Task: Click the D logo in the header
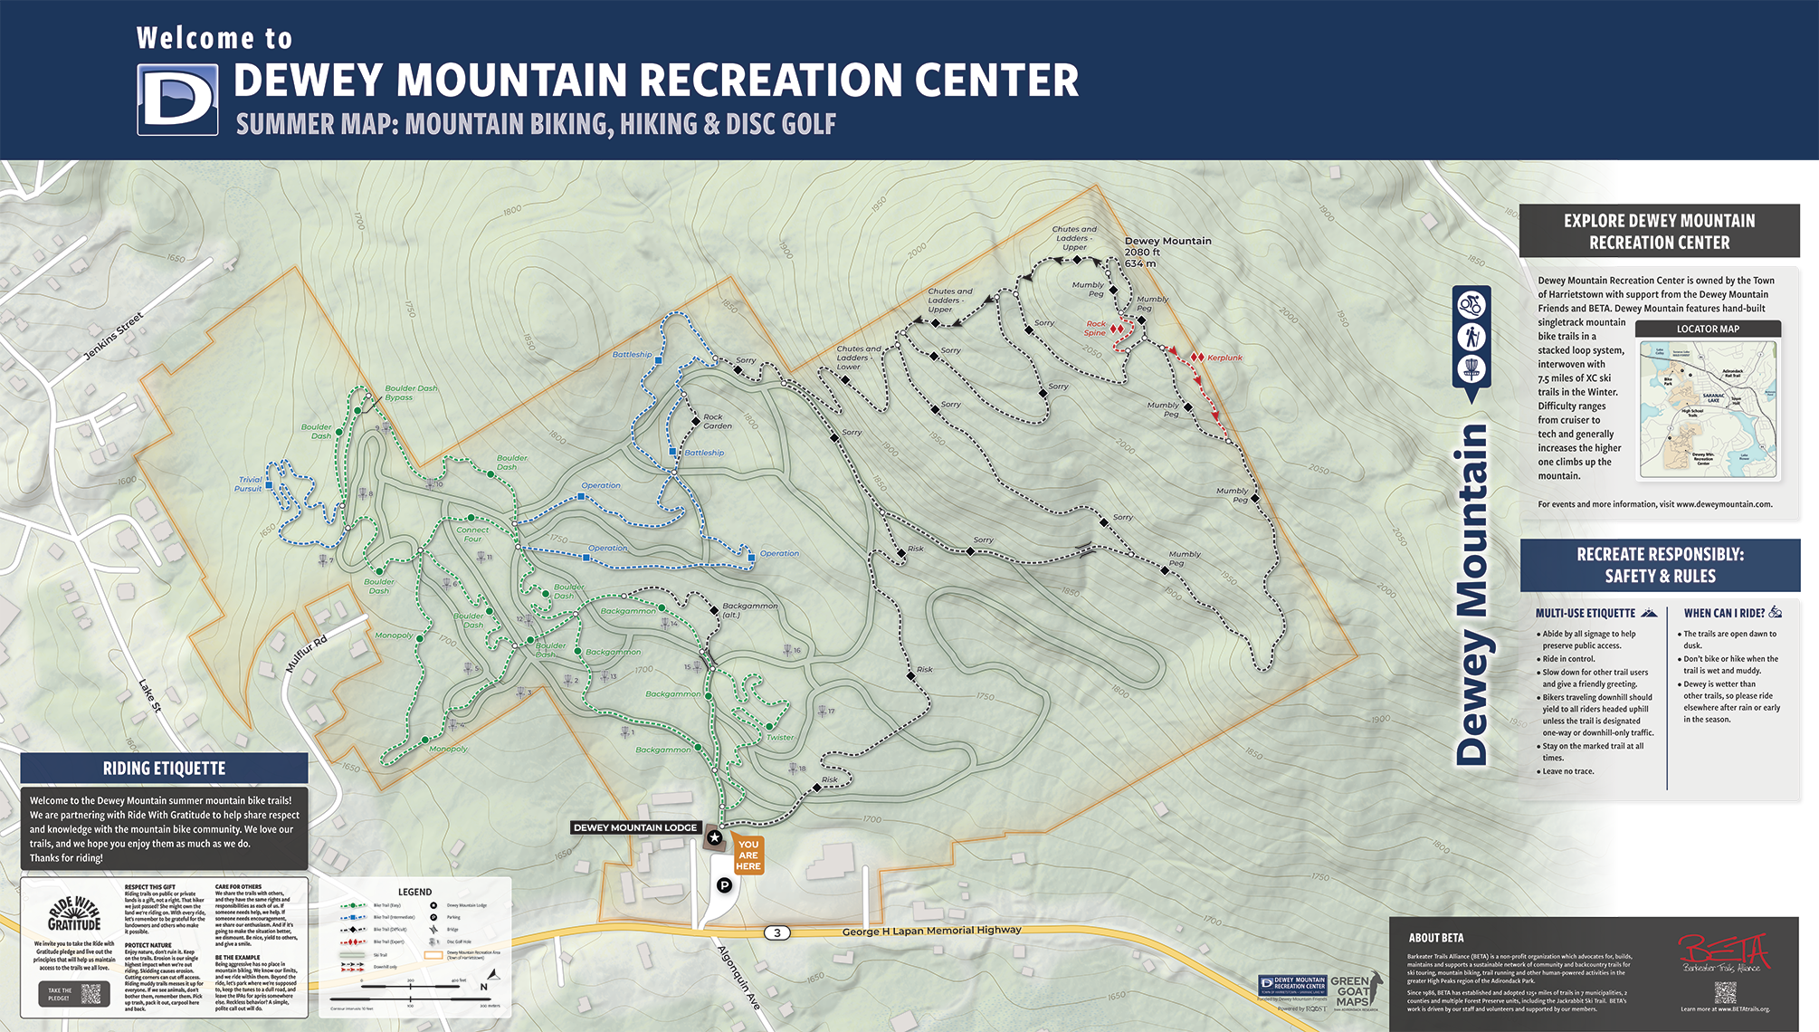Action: point(177,100)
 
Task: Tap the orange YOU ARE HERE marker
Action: point(748,855)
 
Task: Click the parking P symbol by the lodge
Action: point(724,885)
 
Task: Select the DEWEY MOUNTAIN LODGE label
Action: point(635,827)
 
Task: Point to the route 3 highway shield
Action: point(776,932)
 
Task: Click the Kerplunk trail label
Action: point(1224,358)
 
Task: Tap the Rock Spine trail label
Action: point(1095,328)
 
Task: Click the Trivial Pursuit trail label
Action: point(249,484)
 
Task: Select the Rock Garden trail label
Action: point(718,421)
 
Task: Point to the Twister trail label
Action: point(779,737)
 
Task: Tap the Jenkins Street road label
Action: point(113,337)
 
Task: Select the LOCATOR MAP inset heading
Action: point(1708,329)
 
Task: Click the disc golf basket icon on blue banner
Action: point(1471,369)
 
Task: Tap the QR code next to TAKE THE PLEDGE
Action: point(91,993)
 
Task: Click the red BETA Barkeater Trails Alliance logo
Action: point(1723,954)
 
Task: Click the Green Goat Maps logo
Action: point(1354,992)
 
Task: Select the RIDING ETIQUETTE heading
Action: point(164,769)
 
